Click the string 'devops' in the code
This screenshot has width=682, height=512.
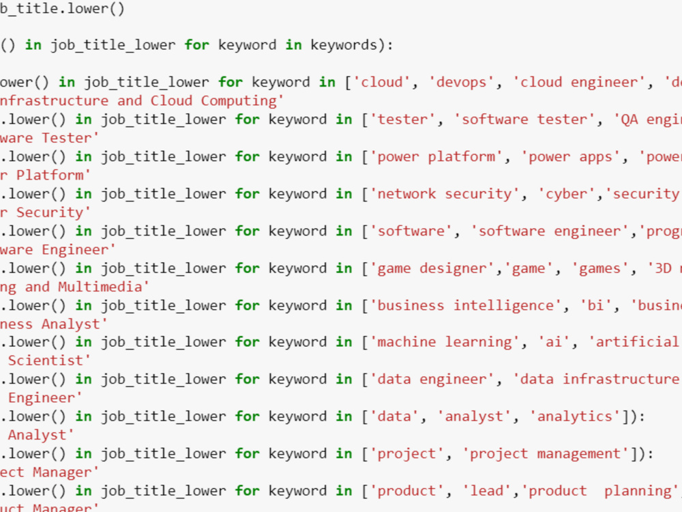point(461,83)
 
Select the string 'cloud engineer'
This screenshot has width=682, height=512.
point(580,83)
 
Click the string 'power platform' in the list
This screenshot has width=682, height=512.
point(436,156)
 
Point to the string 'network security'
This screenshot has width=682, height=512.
point(445,194)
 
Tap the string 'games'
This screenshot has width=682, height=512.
point(599,268)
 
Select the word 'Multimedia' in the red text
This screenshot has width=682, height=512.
point(104,287)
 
